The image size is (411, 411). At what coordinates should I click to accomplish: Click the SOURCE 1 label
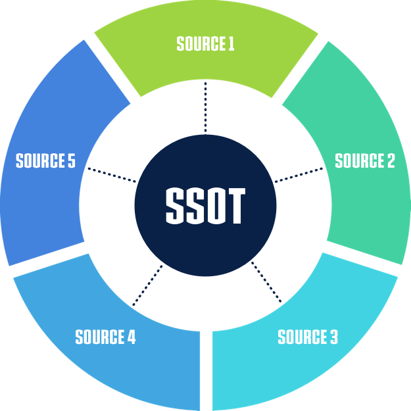[x=205, y=44]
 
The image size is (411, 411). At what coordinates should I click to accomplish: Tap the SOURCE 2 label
[x=365, y=161]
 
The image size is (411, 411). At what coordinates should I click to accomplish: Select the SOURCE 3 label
[x=308, y=337]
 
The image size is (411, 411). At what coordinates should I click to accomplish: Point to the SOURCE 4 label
[x=105, y=337]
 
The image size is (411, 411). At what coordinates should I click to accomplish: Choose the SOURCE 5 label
[x=45, y=161]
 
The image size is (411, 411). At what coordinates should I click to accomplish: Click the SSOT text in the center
[x=205, y=206]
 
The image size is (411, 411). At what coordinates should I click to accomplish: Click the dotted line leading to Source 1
[x=205, y=109]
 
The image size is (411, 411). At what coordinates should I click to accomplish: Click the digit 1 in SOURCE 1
[x=231, y=44]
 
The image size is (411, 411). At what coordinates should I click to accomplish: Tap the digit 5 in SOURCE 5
[x=71, y=161]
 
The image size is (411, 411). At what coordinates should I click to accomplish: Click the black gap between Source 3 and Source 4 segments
[x=206, y=368]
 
